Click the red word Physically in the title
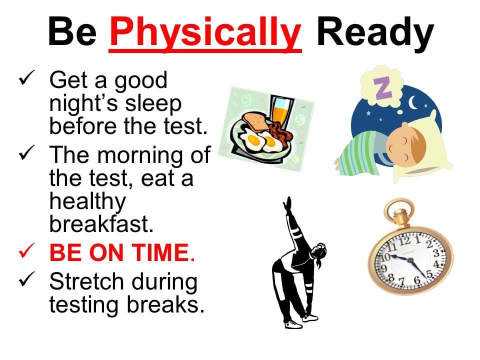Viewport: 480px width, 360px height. tap(205, 33)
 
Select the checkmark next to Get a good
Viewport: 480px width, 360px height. tap(26, 77)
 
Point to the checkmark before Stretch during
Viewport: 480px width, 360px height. tap(26, 279)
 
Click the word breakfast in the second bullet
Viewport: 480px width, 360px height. tap(101, 224)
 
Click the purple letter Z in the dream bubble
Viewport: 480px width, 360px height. tap(382, 88)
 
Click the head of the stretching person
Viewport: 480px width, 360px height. tap(318, 252)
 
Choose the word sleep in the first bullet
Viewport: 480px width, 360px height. tap(153, 104)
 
